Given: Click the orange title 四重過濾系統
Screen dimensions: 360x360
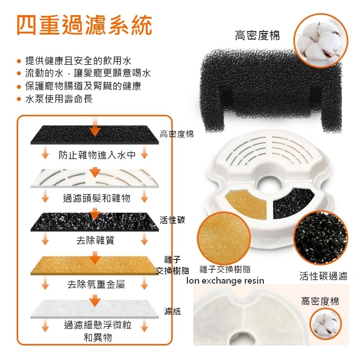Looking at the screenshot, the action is pos(84,25).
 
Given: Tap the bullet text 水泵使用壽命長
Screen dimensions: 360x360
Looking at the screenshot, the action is pos(59,99).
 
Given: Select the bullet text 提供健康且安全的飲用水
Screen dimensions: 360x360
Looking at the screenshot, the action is pos(78,60).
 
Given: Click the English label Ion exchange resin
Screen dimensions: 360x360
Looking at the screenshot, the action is pos(225,280).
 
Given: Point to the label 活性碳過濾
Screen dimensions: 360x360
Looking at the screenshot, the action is pos(323,276).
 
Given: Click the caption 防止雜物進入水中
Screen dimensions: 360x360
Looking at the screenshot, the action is pos(97,155).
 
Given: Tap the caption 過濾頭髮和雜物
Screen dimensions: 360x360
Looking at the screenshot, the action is pos(96,198).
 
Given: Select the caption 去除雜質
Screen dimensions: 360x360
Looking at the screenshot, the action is pos(95,240).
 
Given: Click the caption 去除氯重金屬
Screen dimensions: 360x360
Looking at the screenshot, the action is pos(96,284).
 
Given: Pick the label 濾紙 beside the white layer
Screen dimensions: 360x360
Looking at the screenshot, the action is pos(172,311).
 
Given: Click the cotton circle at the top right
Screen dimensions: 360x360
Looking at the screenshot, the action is pos(321,41).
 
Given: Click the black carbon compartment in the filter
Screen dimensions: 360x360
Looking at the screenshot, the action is pos(293,203).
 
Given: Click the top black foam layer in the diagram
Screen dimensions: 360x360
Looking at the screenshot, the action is pos(95,135).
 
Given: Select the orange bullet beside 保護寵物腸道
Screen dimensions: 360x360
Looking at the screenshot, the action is pos(19,87).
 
